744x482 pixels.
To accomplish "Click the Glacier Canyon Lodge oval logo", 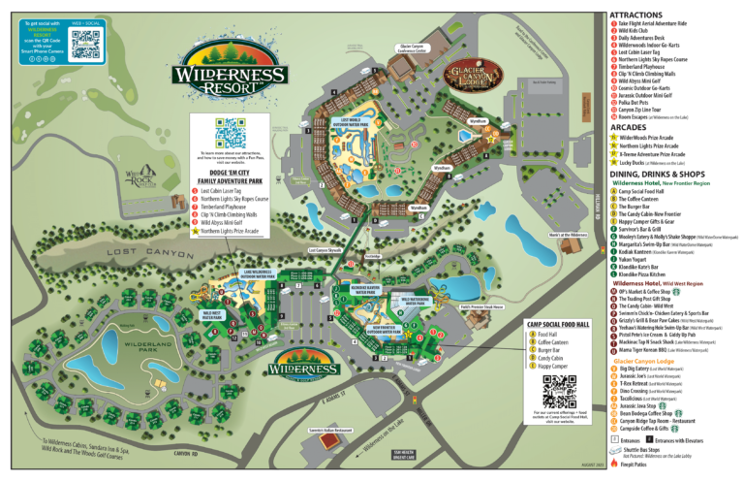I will click(476, 76).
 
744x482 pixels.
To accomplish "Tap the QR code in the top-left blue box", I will click(85, 44).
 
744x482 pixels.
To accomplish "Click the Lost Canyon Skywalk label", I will click(325, 249).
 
